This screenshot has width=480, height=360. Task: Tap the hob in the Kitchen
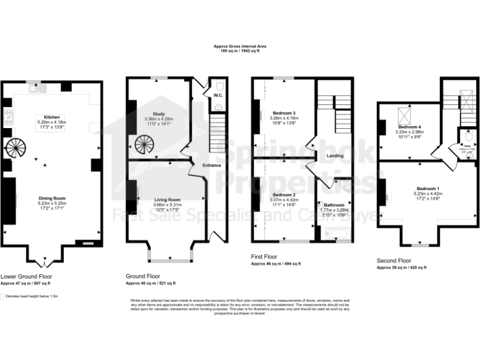click(x=9, y=116)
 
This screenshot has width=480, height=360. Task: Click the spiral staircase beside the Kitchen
click(x=14, y=149)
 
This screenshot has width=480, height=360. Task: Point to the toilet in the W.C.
click(x=217, y=87)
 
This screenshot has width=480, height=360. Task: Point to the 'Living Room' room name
click(x=167, y=199)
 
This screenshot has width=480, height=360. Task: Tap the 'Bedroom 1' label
click(x=428, y=188)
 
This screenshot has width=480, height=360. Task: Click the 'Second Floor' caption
click(x=394, y=260)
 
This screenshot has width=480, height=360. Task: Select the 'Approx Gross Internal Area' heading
click(x=239, y=47)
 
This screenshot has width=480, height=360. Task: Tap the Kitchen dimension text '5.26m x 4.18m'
click(x=52, y=122)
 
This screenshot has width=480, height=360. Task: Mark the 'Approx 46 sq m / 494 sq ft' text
click(x=276, y=264)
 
